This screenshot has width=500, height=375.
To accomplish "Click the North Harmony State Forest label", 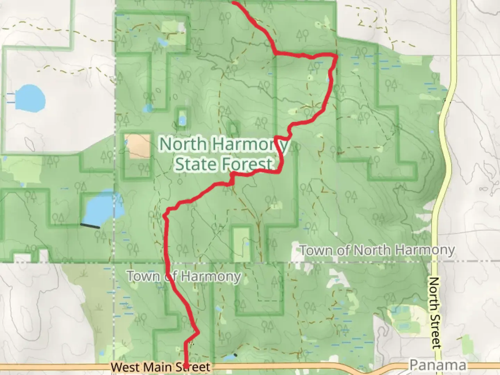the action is point(223,153).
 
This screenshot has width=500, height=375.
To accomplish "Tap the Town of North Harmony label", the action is point(377,250).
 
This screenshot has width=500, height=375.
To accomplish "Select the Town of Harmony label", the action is point(184,276).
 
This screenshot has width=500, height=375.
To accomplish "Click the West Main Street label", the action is point(160,367).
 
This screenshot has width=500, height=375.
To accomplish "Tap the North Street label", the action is point(434,312).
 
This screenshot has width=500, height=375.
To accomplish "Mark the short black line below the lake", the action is point(90,226).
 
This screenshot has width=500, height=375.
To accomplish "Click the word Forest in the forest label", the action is point(248,164).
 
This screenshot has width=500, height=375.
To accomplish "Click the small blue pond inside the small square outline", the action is point(182,121).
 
